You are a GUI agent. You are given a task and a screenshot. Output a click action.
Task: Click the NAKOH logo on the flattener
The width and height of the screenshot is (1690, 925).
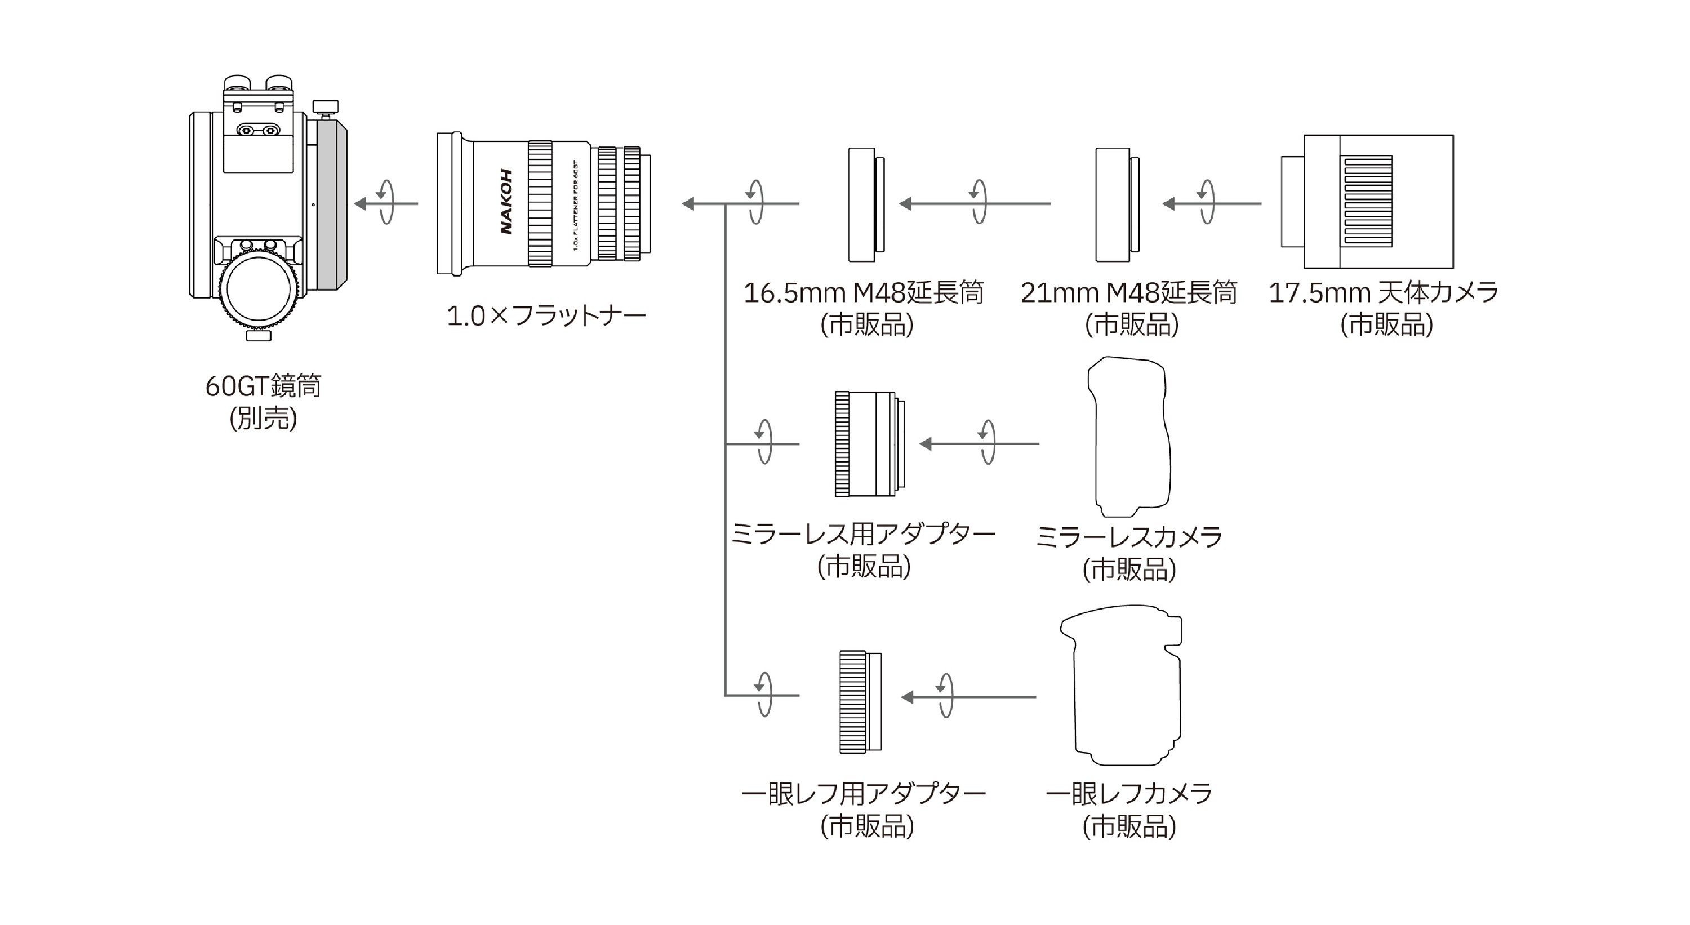click(x=506, y=202)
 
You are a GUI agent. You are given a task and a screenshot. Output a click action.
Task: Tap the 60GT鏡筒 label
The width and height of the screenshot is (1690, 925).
click(x=263, y=386)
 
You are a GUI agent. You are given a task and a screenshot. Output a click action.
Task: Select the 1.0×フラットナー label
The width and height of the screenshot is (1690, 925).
click(x=546, y=316)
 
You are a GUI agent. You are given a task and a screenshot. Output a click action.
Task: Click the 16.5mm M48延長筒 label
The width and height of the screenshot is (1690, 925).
click(x=864, y=292)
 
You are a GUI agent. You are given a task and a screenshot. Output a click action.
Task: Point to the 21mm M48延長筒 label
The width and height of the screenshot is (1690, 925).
click(x=1128, y=292)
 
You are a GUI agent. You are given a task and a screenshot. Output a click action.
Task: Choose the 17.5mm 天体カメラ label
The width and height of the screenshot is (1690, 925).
click(x=1384, y=292)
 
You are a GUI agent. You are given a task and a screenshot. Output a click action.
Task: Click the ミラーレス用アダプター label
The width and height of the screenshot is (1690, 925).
click(x=864, y=535)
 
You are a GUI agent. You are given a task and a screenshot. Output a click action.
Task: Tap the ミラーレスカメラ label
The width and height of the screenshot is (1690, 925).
click(x=1128, y=537)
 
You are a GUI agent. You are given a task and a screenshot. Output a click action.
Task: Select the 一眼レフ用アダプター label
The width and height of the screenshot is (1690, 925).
click(x=864, y=794)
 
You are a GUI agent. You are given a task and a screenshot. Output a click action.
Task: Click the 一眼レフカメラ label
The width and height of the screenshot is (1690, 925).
click(x=1128, y=794)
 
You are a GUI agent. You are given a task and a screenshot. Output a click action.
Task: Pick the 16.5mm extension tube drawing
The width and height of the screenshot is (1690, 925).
click(x=865, y=204)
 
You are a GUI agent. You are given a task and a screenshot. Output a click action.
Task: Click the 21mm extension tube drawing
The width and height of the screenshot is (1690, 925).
click(x=1116, y=204)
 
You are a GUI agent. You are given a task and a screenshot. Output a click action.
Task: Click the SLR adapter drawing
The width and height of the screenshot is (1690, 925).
click(x=860, y=701)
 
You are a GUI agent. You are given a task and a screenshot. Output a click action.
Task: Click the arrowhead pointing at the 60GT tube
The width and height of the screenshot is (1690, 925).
click(x=360, y=204)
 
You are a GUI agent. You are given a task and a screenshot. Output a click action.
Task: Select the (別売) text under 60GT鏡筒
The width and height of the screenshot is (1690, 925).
click(x=263, y=419)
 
